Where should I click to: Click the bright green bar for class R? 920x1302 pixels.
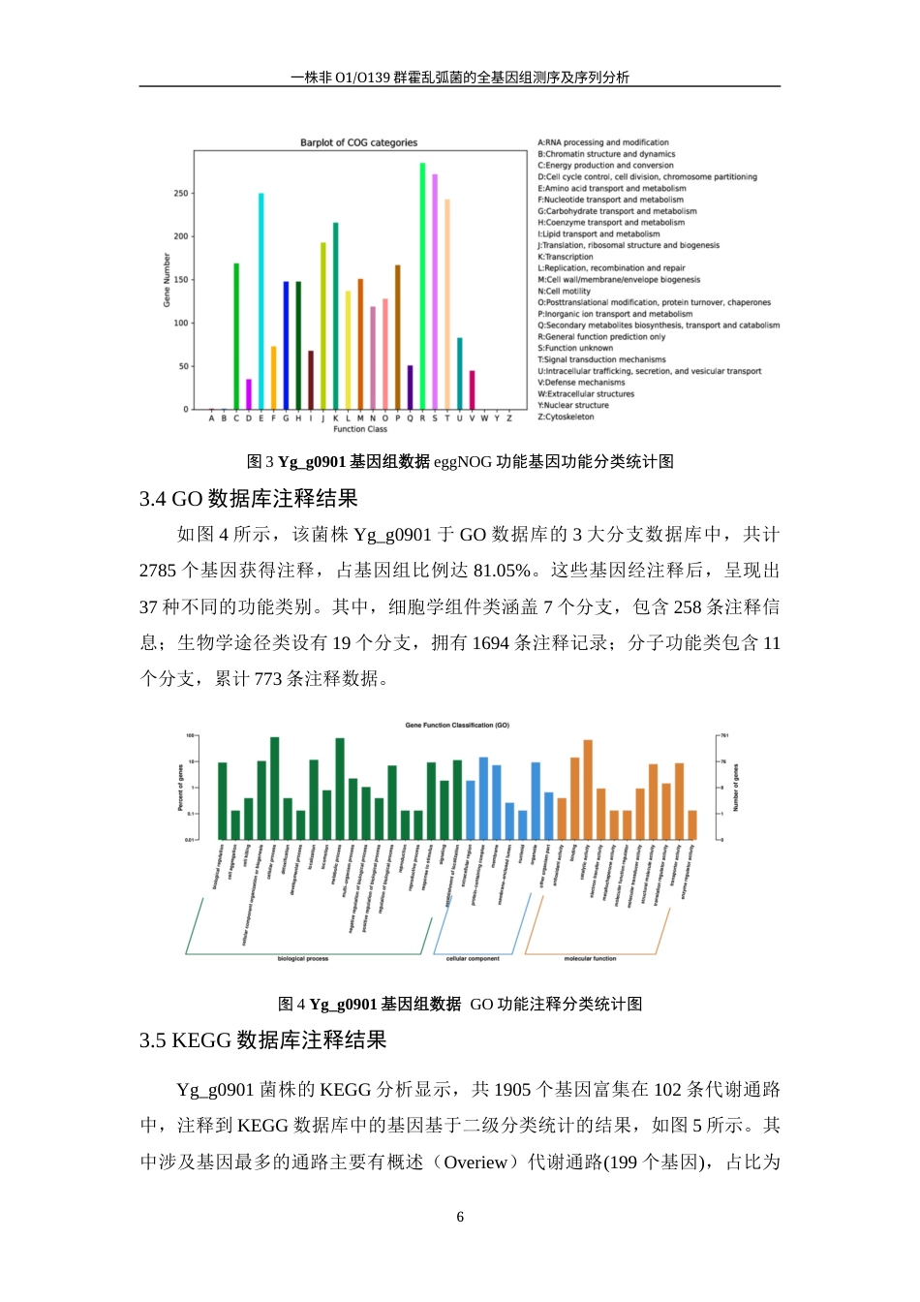[422, 286]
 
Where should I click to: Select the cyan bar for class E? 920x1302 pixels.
[261, 301]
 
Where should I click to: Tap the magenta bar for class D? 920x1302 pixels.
[249, 394]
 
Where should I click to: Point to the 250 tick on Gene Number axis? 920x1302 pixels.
[181, 194]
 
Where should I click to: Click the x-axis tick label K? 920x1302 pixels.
[335, 418]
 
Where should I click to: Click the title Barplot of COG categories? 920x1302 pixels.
[358, 142]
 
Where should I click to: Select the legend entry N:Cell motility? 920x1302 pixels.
[564, 292]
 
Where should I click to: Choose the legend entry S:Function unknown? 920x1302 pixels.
[575, 349]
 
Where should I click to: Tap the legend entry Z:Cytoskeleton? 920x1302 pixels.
[566, 418]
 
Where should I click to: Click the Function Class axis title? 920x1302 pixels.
[360, 429]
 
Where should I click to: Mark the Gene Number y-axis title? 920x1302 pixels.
[167, 280]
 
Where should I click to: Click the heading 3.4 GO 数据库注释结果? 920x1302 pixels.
[249, 499]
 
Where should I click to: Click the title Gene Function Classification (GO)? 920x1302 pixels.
[457, 725]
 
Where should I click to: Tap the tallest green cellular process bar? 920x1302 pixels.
[275, 788]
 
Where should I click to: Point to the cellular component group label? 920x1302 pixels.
[473, 959]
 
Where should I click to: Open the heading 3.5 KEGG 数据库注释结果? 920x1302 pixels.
[262, 1040]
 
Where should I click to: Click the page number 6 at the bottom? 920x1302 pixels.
[460, 1217]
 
